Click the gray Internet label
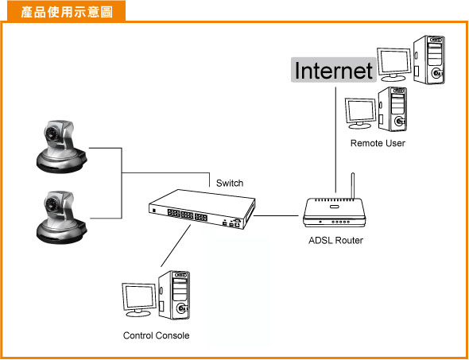point(334,70)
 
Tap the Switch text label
point(230,183)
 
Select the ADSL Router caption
point(335,240)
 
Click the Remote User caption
point(378,143)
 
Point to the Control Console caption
point(156,335)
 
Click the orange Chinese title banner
point(67,11)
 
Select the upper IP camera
point(61,146)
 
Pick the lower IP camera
point(61,217)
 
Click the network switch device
point(202,209)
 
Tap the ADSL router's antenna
point(353,186)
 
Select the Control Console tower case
point(174,295)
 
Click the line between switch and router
point(276,215)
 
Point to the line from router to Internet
point(335,140)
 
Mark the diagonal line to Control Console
point(176,246)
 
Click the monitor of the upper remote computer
point(394,64)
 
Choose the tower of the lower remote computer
point(393,109)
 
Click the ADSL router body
point(334,213)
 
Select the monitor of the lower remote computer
point(361,114)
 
